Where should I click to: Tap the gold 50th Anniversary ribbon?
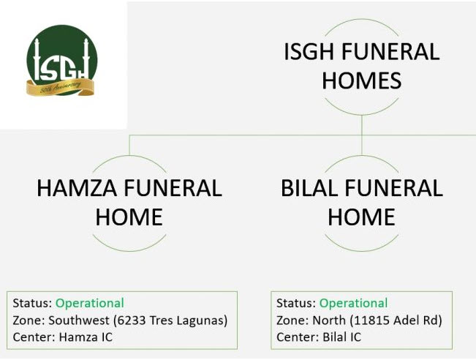coord(61,87)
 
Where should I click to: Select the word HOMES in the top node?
coord(361,80)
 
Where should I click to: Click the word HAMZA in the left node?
coord(77,188)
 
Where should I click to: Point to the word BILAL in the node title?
coord(309,188)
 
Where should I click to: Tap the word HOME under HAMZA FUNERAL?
coord(129,217)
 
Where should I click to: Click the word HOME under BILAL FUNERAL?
coord(361,217)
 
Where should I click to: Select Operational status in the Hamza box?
coord(90,303)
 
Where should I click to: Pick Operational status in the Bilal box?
coord(353,303)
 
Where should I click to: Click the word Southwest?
coord(79,320)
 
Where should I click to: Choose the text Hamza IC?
coord(86,337)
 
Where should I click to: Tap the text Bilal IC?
coord(341,337)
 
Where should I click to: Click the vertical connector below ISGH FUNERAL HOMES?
coord(361,135)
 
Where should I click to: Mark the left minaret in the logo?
coord(37,59)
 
